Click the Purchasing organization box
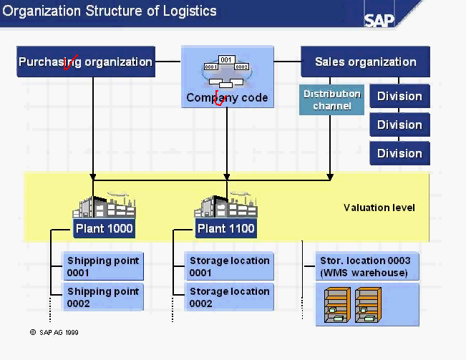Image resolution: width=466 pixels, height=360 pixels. pyautogui.click(x=86, y=62)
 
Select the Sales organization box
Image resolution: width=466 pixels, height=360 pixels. pyautogui.click(x=365, y=62)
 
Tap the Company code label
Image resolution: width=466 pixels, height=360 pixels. pyautogui.click(x=227, y=98)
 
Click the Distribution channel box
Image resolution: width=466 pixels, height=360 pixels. pyautogui.click(x=331, y=100)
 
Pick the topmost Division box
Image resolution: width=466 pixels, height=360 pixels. pyautogui.click(x=399, y=97)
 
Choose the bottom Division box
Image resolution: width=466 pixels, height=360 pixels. pyautogui.click(x=399, y=153)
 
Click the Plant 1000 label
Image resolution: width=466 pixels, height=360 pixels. pyautogui.click(x=103, y=229)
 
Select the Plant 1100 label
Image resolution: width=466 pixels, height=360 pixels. pyautogui.click(x=226, y=229)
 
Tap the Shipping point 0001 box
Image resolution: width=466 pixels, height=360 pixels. pyautogui.click(x=103, y=266)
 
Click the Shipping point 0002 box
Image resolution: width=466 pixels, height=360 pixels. pyautogui.click(x=103, y=297)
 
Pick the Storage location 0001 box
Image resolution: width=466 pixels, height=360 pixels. pyautogui.click(x=229, y=266)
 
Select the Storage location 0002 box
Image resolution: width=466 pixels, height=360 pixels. pyautogui.click(x=229, y=297)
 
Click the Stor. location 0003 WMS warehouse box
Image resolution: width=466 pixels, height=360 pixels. pyautogui.click(x=367, y=266)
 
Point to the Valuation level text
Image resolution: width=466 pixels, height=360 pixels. pyautogui.click(x=379, y=208)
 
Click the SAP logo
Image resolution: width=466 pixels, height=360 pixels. pyautogui.click(x=379, y=19)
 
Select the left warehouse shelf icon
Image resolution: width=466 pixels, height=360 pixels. pyautogui.click(x=336, y=304)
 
